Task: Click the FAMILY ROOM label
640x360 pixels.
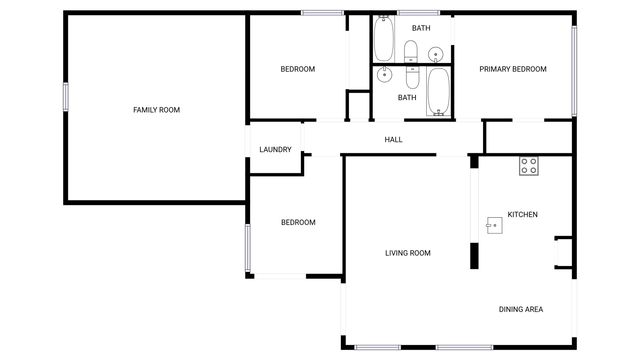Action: pyautogui.click(x=156, y=109)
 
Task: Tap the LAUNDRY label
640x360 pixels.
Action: pyautogui.click(x=275, y=150)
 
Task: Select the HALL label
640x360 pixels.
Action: pyautogui.click(x=393, y=139)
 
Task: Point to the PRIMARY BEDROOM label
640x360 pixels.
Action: pyautogui.click(x=513, y=69)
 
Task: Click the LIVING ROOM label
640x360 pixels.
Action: pyautogui.click(x=408, y=253)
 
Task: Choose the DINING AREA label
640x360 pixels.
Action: pyautogui.click(x=521, y=309)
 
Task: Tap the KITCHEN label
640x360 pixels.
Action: pyautogui.click(x=523, y=215)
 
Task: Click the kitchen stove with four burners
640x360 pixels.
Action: pyautogui.click(x=529, y=167)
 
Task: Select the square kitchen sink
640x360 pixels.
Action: pyautogui.click(x=494, y=225)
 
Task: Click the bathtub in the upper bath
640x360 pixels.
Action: pyautogui.click(x=384, y=40)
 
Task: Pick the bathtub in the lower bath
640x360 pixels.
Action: pyautogui.click(x=438, y=92)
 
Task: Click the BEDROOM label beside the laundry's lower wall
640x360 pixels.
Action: pyautogui.click(x=298, y=222)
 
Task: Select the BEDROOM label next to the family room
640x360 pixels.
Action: pyautogui.click(x=298, y=69)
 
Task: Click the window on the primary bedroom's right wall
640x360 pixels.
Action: pyautogui.click(x=574, y=68)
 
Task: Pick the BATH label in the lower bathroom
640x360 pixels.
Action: pyautogui.click(x=407, y=98)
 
